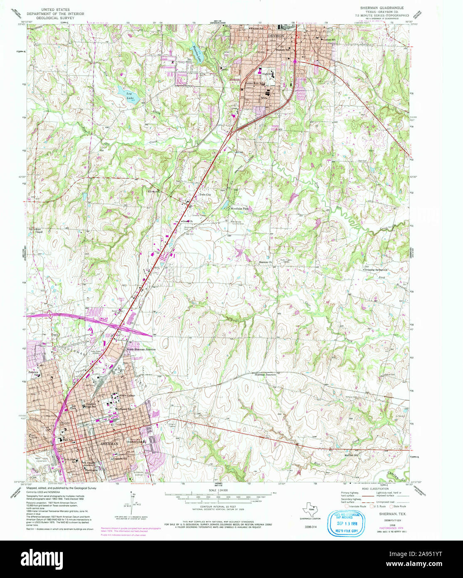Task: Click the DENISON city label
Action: click(276, 36)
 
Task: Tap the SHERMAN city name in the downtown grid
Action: click(109, 444)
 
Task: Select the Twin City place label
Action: click(205, 195)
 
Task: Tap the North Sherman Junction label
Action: click(141, 349)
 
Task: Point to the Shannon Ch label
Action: click(265, 262)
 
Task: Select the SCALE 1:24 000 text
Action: click(218, 490)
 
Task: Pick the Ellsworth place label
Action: click(154, 191)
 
